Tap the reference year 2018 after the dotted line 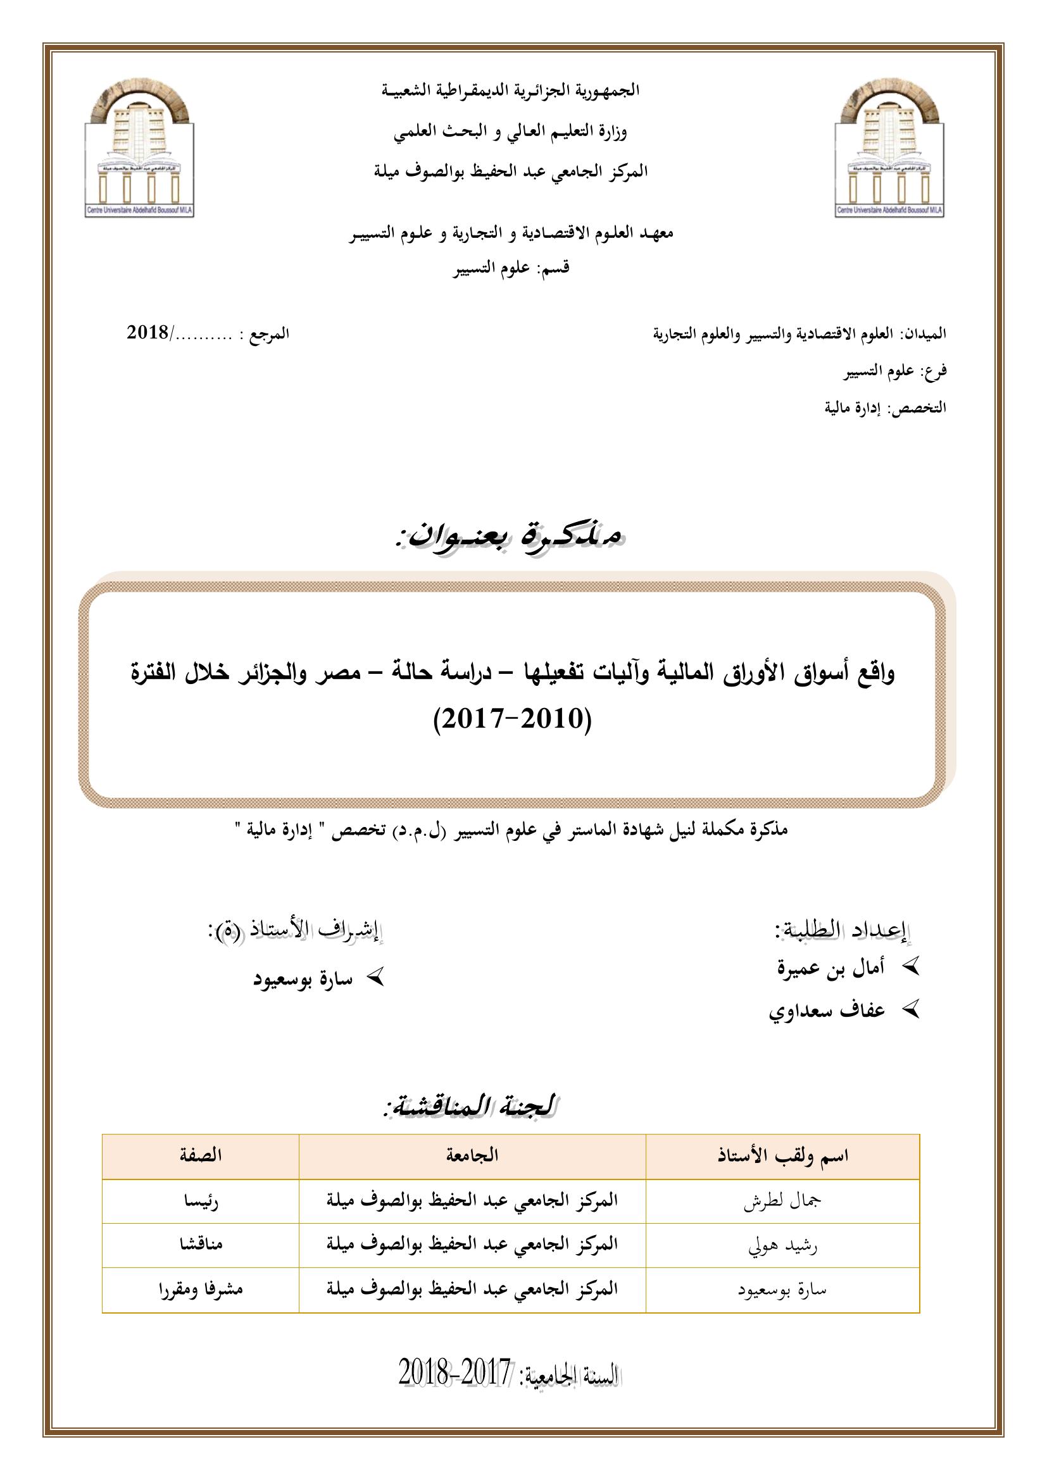(148, 333)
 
